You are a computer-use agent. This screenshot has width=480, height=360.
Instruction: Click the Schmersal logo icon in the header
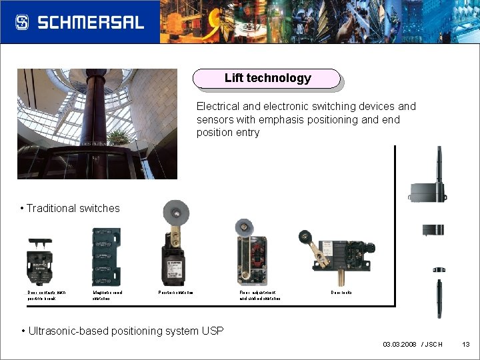pos(22,22)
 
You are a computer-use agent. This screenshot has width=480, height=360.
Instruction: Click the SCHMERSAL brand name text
pos(91,22)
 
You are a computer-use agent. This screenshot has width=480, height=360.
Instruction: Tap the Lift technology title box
pos(267,79)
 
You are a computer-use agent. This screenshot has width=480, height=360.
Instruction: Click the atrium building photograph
pos(97,123)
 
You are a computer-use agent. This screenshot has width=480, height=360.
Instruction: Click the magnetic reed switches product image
pos(106,257)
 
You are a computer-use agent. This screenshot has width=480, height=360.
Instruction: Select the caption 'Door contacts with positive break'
pos(46,295)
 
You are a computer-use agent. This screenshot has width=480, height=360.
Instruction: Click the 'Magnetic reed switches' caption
pos(107,295)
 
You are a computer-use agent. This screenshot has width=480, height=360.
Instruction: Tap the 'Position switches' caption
pos(175,293)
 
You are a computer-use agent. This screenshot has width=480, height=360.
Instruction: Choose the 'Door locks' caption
pos(341,293)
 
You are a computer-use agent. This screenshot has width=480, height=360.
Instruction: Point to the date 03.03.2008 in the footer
pos(400,344)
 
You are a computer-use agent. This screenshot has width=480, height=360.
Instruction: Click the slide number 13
pos(466,344)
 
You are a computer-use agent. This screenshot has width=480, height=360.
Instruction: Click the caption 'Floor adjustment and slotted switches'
pos(259,295)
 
